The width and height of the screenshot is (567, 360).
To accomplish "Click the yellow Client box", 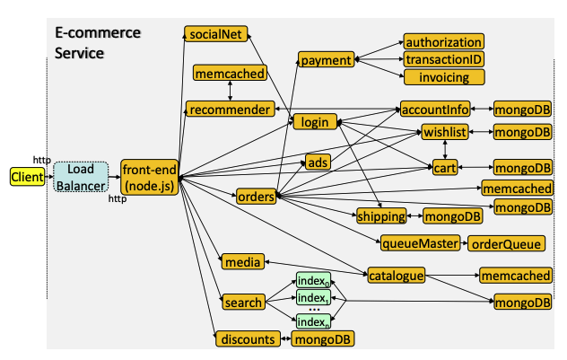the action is (28, 177).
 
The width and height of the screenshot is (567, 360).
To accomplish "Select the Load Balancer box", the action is (81, 177).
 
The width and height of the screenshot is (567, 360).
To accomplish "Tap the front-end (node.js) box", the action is (149, 177).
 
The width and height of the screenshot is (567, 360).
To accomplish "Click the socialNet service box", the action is (216, 34).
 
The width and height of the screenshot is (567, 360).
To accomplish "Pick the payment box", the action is (327, 59).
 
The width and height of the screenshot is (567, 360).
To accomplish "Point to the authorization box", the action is (444, 42).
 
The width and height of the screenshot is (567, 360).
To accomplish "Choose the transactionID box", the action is (444, 59).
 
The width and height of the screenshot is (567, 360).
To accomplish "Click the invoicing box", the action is (444, 77).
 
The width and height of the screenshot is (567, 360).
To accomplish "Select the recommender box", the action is (231, 109).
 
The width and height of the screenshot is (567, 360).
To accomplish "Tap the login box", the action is (315, 122).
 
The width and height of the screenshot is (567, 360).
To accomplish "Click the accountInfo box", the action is (435, 109).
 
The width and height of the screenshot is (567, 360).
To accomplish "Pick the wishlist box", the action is (445, 132).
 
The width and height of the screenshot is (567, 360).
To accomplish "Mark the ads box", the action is (318, 162).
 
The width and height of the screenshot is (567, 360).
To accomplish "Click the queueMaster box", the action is (420, 243).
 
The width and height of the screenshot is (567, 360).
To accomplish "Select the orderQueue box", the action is (506, 244).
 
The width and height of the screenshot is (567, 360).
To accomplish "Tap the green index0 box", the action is (313, 280).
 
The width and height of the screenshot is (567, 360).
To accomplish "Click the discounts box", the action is (248, 339).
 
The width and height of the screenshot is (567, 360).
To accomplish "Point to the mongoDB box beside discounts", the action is (323, 339).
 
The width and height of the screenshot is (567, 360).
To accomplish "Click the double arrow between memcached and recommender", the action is (230, 91).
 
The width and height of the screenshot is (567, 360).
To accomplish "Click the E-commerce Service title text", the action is (98, 43).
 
